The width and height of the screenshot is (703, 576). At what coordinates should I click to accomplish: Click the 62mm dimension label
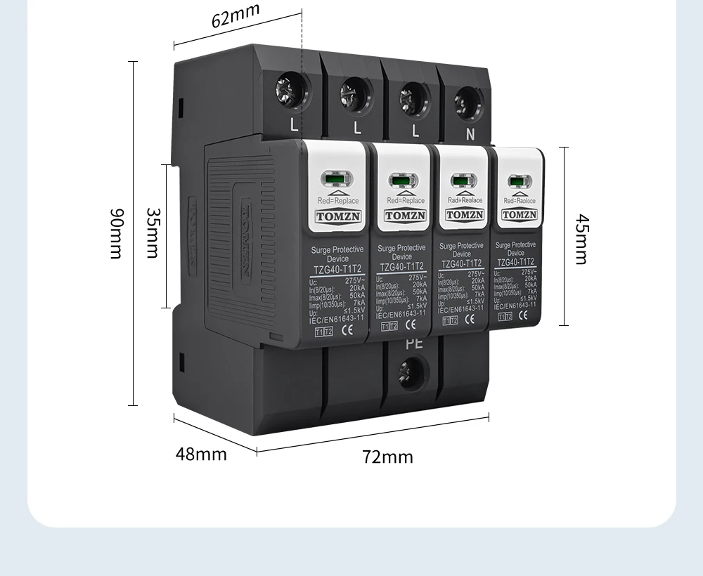pyautogui.click(x=236, y=15)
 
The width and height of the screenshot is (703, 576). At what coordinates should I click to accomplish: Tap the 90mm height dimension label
pyautogui.click(x=116, y=233)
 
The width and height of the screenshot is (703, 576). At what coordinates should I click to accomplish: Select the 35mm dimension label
pyautogui.click(x=153, y=233)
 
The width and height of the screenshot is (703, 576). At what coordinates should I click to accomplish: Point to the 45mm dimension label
pyautogui.click(x=581, y=239)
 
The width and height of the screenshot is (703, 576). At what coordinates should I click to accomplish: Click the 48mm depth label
pyautogui.click(x=201, y=454)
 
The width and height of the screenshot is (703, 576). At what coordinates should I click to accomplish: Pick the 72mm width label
pyautogui.click(x=388, y=457)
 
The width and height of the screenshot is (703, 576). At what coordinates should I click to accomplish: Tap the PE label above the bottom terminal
pyautogui.click(x=414, y=344)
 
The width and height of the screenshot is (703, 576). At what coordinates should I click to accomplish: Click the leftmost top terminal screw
pyautogui.click(x=290, y=90)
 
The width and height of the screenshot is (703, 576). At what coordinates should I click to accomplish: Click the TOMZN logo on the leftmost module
pyautogui.click(x=338, y=216)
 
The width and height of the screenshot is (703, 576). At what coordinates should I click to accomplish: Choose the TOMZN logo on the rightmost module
pyautogui.click(x=520, y=214)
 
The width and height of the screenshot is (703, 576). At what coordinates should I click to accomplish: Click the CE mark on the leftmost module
pyautogui.click(x=346, y=332)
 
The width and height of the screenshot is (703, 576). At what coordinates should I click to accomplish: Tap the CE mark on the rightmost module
pyautogui.click(x=524, y=315)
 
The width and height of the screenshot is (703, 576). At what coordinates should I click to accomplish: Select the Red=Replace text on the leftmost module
pyautogui.click(x=338, y=201)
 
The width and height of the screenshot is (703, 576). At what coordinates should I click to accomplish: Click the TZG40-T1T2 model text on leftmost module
pyautogui.click(x=337, y=269)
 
